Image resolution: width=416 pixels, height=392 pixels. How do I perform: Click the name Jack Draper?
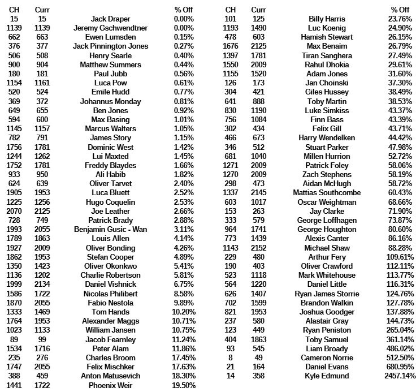[x=110, y=19]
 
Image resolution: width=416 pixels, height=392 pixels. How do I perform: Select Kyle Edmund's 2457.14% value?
[x=400, y=376]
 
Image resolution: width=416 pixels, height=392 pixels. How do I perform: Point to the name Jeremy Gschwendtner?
[x=110, y=28]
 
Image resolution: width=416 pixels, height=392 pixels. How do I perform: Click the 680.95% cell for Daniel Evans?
[x=400, y=367]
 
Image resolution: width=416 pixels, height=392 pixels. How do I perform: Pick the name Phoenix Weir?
[x=110, y=385]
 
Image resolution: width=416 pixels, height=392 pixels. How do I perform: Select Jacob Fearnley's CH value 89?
[x=14, y=339]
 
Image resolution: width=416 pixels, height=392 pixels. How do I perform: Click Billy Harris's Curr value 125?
[x=259, y=19]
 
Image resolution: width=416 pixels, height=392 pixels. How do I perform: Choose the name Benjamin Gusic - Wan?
[x=110, y=229]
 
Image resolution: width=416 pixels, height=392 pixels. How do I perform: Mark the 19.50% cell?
[x=184, y=385]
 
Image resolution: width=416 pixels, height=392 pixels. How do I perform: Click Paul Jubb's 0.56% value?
[x=184, y=74]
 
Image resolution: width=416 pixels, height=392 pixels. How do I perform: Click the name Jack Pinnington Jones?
[x=110, y=46]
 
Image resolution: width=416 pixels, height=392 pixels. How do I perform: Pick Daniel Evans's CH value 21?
[x=231, y=367]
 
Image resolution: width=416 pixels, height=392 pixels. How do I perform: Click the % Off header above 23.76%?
[x=400, y=10]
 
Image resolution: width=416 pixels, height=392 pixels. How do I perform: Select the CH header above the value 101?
[x=231, y=10]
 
